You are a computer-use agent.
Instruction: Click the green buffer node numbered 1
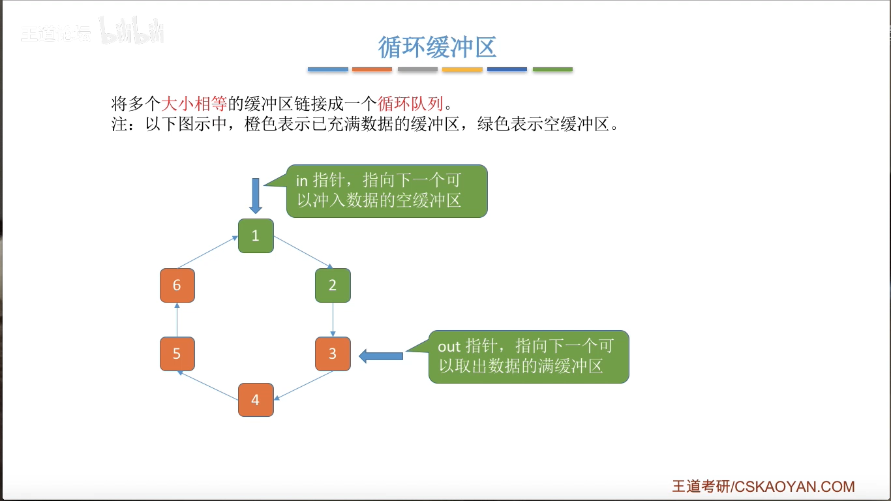(256, 235)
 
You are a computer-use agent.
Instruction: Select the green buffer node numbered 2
(333, 285)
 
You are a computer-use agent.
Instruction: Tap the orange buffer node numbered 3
(333, 354)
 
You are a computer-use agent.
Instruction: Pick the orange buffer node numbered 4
(256, 400)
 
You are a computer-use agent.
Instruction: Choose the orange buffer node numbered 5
(177, 354)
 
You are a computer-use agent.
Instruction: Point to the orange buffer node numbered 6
(177, 285)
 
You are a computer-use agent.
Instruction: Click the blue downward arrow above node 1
(256, 195)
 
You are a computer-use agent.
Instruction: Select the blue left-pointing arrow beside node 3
(381, 356)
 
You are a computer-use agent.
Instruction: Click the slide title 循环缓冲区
(438, 47)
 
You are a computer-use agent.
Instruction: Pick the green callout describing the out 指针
(529, 356)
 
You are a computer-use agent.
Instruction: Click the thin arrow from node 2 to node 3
(333, 320)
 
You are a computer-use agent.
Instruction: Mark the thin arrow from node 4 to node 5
(208, 385)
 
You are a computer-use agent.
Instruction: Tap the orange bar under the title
(372, 69)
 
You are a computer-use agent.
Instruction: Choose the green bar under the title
(552, 69)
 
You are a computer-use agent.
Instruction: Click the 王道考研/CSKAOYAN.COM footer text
(763, 487)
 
